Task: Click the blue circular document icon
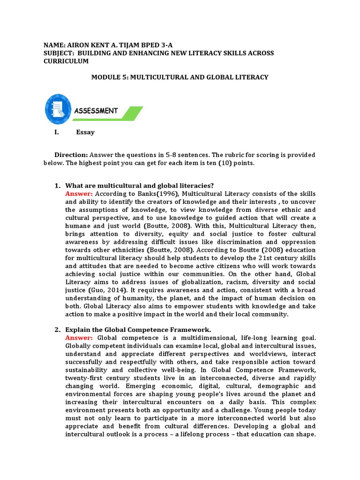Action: point(58,109)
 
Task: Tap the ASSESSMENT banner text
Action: point(96,111)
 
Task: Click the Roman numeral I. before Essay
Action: point(57,132)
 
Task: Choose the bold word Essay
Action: point(85,132)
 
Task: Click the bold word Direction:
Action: point(71,155)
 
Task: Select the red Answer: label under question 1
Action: point(79,194)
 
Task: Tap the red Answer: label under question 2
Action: point(79,337)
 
